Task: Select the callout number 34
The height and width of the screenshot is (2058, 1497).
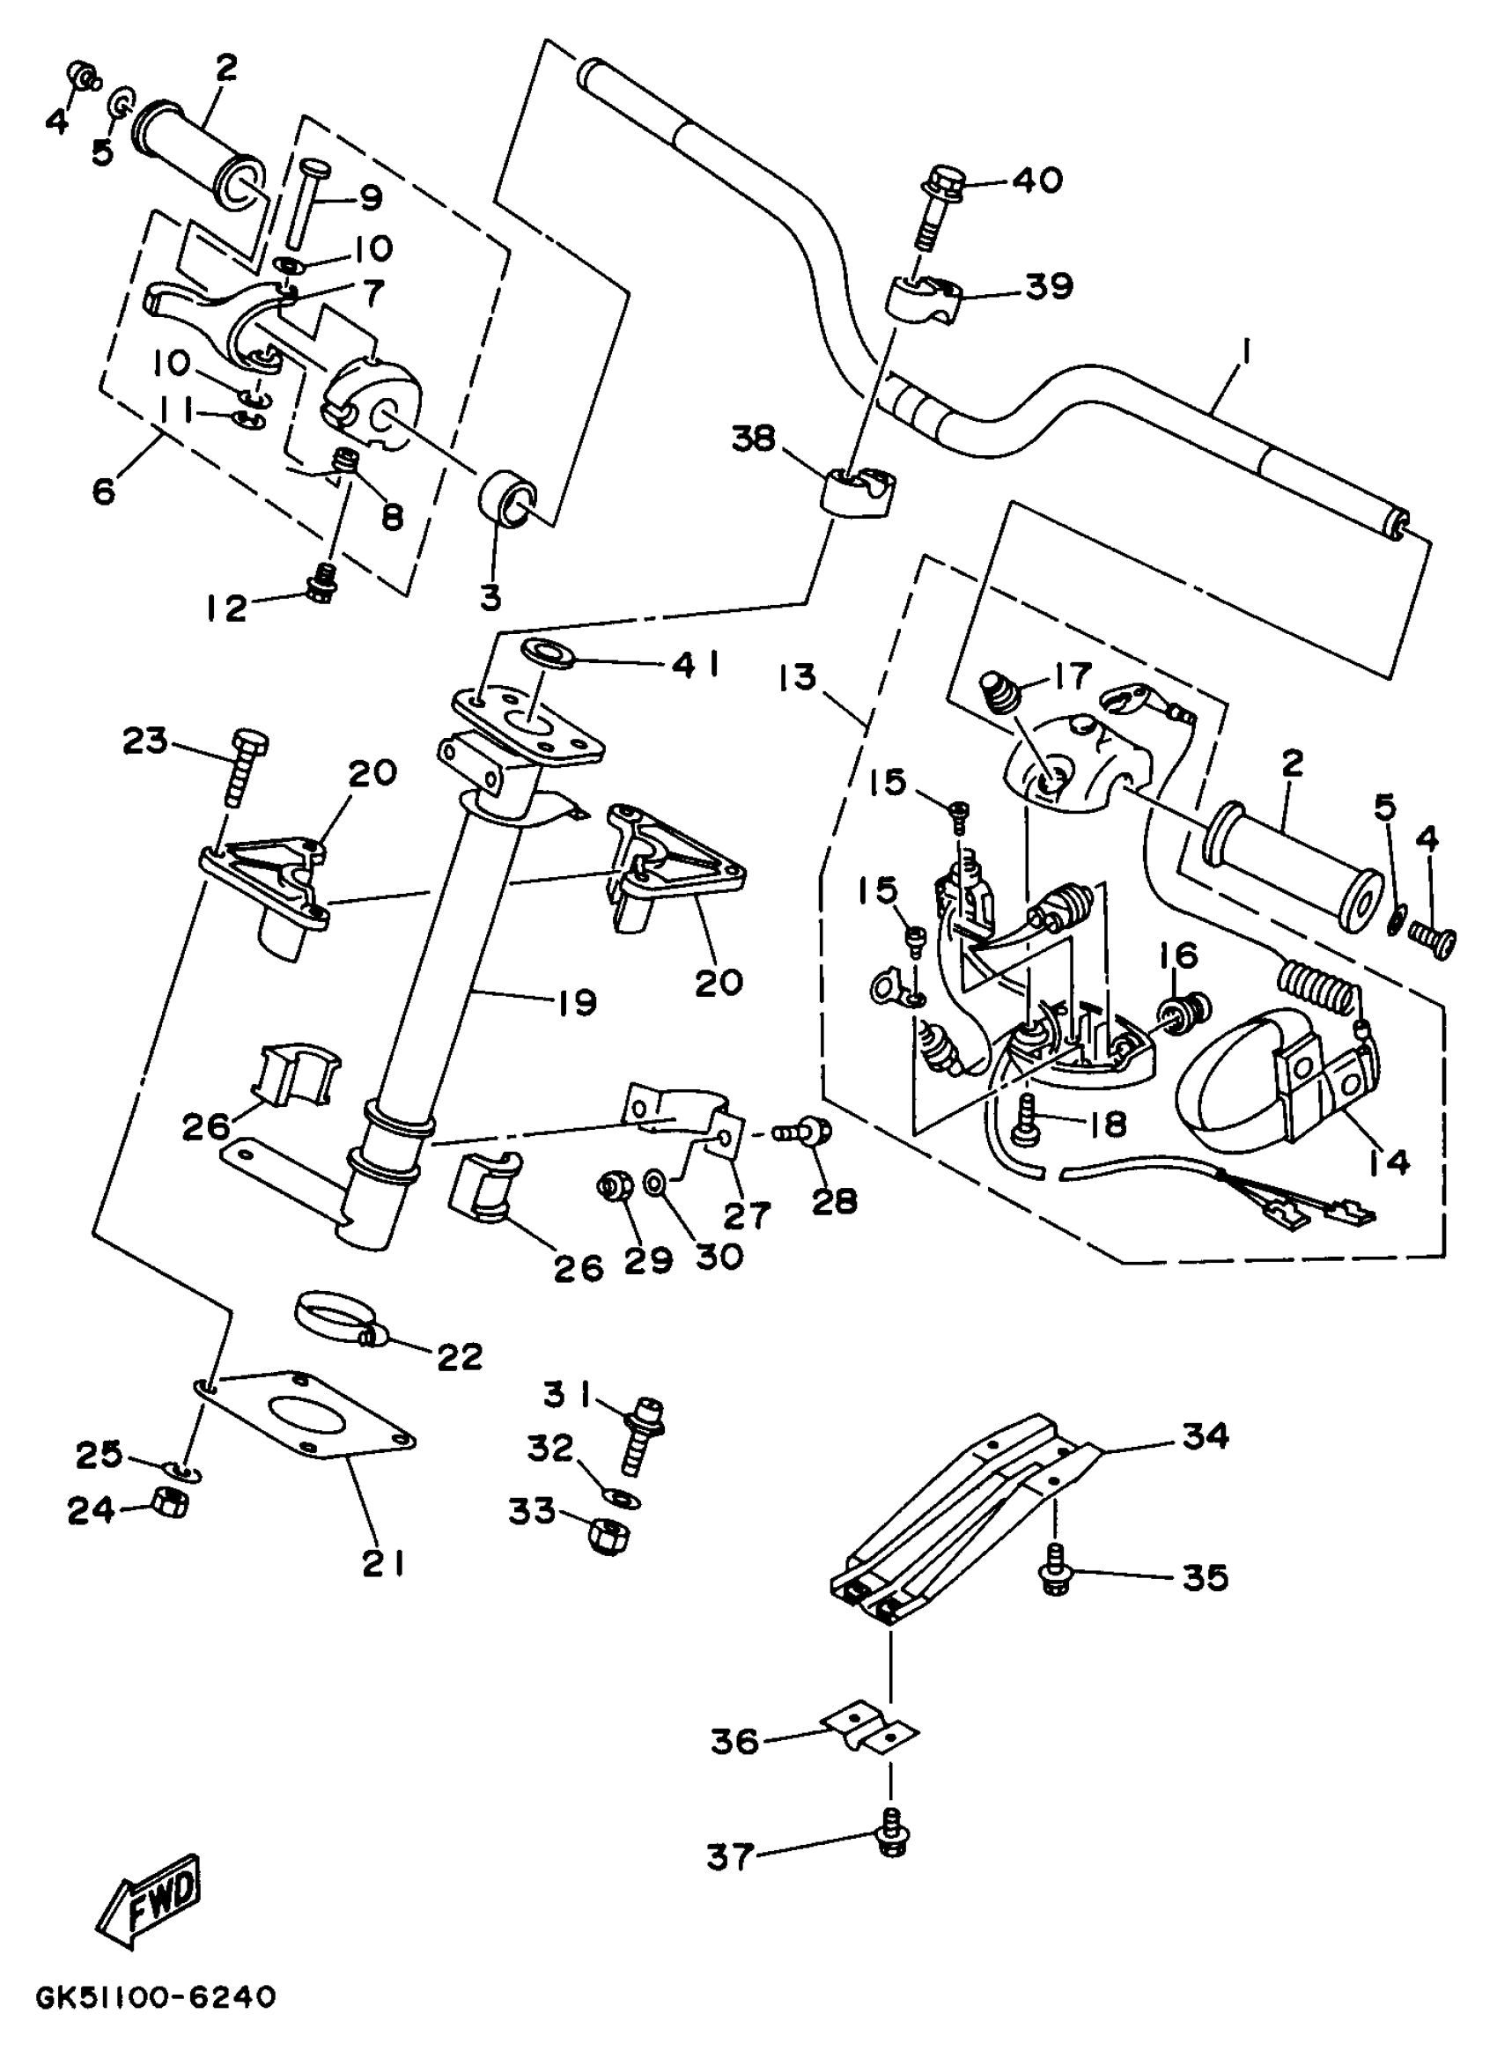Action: pos(1205,1435)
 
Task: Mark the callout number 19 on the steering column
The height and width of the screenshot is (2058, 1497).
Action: pos(574,1002)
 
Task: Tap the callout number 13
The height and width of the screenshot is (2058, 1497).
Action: pos(798,677)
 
